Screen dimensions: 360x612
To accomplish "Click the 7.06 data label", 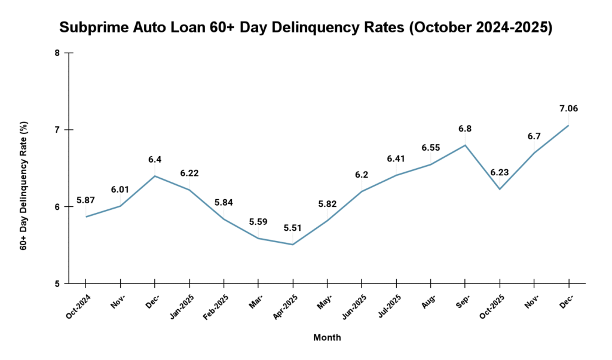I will click(568, 109).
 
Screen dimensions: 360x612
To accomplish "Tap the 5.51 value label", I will click(293, 228).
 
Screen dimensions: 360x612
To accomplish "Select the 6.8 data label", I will click(465, 129).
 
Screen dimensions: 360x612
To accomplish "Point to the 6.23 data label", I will click(499, 172).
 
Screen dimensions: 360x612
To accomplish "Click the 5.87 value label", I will click(86, 200).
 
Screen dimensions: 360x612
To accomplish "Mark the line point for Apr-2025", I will click(293, 244).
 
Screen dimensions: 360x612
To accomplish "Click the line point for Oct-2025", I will click(499, 189).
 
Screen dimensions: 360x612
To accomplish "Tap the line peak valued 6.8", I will click(465, 145).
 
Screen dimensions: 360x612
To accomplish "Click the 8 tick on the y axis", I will click(57, 53).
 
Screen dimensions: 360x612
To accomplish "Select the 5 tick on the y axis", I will click(57, 283).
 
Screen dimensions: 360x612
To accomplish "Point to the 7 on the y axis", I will click(57, 130).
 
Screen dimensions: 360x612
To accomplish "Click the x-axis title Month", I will click(327, 337).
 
